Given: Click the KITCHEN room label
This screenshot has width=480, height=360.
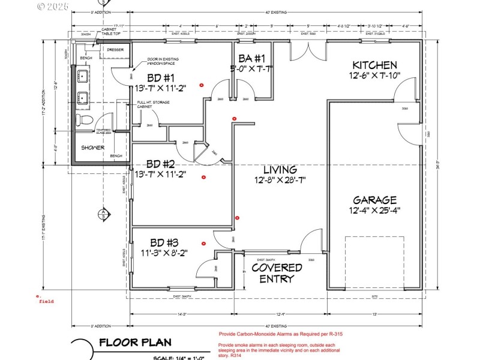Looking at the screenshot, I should [x=374, y=65].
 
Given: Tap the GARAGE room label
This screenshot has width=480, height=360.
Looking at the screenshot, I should [x=374, y=200].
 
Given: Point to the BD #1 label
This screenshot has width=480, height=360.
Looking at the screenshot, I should [x=160, y=78].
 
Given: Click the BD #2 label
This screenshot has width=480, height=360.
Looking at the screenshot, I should [x=160, y=164].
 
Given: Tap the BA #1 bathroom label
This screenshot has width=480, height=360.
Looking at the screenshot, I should [x=251, y=59].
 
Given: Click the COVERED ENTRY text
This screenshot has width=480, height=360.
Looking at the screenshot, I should [x=277, y=273].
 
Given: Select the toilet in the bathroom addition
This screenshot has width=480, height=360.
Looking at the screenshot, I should [x=85, y=121].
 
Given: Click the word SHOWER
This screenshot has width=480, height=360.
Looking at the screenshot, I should [x=93, y=148].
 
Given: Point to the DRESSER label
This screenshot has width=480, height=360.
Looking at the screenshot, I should [x=115, y=50].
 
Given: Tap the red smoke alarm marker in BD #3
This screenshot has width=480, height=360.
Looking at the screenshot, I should [x=204, y=244].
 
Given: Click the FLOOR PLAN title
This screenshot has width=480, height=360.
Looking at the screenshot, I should [x=135, y=343].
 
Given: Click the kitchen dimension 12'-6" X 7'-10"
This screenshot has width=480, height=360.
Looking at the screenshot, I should [x=374, y=76].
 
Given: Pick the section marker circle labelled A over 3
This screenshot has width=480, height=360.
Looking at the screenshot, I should [x=103, y=213].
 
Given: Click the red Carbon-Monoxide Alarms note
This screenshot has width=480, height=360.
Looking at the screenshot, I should [x=280, y=334].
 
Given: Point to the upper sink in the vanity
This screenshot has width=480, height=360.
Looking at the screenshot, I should [x=84, y=76].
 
